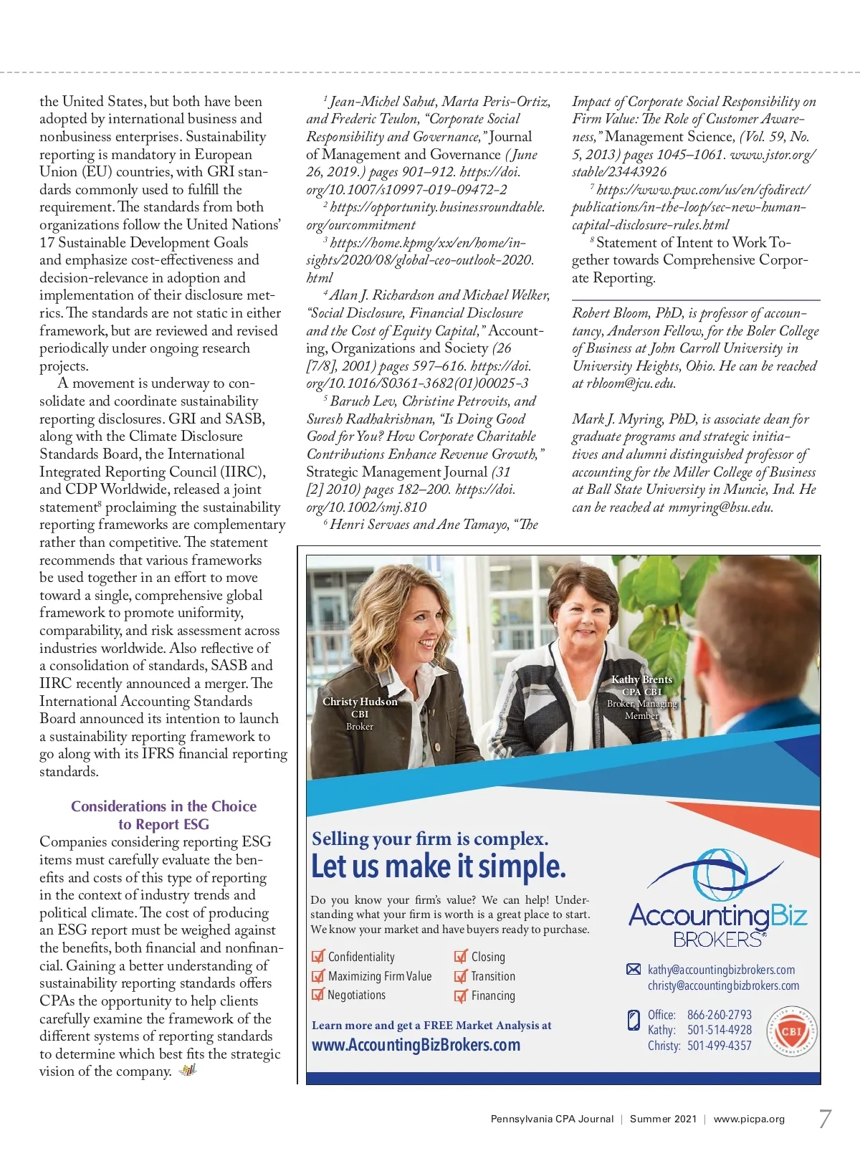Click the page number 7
click(x=825, y=1119)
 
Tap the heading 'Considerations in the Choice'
click(x=163, y=806)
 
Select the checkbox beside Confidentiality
click(x=318, y=957)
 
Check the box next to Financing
click(x=461, y=995)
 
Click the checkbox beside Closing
click(x=461, y=957)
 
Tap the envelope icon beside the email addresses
click(x=634, y=970)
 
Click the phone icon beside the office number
click(x=634, y=1021)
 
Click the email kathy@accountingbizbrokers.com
click(x=721, y=970)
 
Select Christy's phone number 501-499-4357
click(x=719, y=1046)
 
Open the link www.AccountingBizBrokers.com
click(x=416, y=1045)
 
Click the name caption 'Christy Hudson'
click(x=360, y=702)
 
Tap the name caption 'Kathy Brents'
click(x=641, y=679)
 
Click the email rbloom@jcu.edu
click(x=631, y=383)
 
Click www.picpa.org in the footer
click(x=749, y=1119)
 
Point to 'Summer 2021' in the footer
click(x=663, y=1119)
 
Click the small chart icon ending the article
click(x=188, y=1071)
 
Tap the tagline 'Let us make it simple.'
click(x=438, y=866)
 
